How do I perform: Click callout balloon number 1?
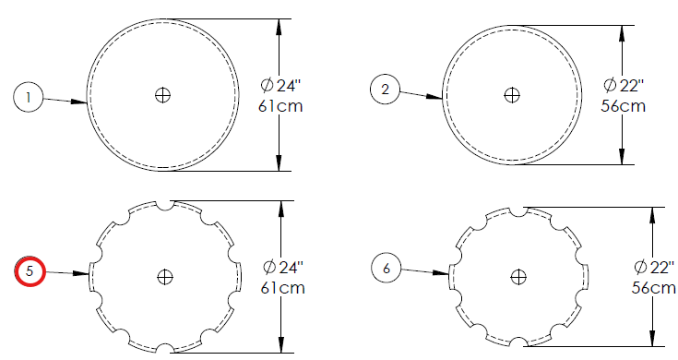pyautogui.click(x=29, y=97)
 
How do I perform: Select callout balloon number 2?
pyautogui.click(x=386, y=90)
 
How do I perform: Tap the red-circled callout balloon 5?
pyautogui.click(x=30, y=271)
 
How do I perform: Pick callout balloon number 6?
pyautogui.click(x=387, y=268)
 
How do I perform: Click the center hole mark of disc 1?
pyautogui.click(x=162, y=95)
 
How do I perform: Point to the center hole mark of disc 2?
pyautogui.click(x=512, y=95)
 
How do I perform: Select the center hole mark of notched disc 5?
pyautogui.click(x=165, y=277)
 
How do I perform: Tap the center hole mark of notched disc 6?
pyautogui.click(x=518, y=277)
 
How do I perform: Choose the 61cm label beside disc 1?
pyautogui.click(x=280, y=106)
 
